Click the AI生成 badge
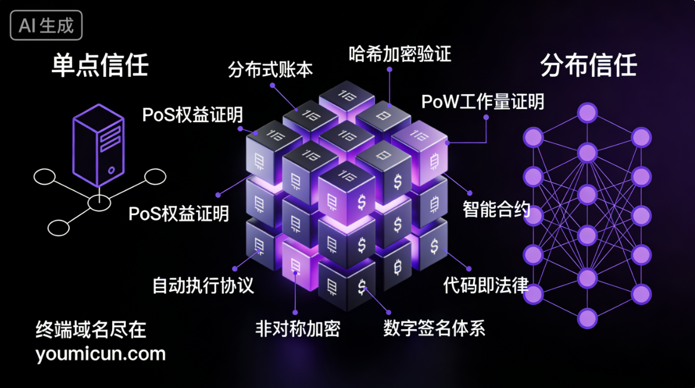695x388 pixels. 46,26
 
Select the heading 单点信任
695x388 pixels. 100,64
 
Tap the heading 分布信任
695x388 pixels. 588,65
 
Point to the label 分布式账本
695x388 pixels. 270,69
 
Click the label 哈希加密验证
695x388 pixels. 400,54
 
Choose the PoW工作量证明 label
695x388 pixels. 483,101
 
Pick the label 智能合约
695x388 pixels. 496,209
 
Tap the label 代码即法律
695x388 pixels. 486,285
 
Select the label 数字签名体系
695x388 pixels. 434,328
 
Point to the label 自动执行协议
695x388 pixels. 203,285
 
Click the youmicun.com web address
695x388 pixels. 100,354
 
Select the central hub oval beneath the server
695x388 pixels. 99,203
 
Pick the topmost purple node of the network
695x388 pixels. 587,112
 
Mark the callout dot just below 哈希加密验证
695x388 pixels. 390,69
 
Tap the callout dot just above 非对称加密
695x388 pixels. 295,311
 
